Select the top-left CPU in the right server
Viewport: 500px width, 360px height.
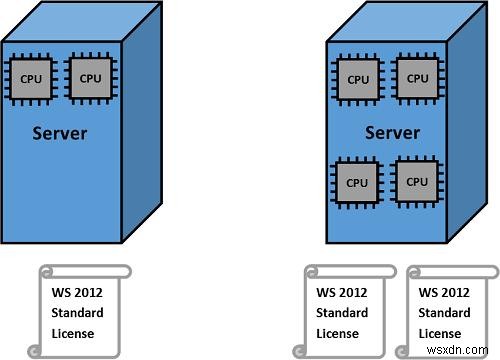[x=358, y=78]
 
